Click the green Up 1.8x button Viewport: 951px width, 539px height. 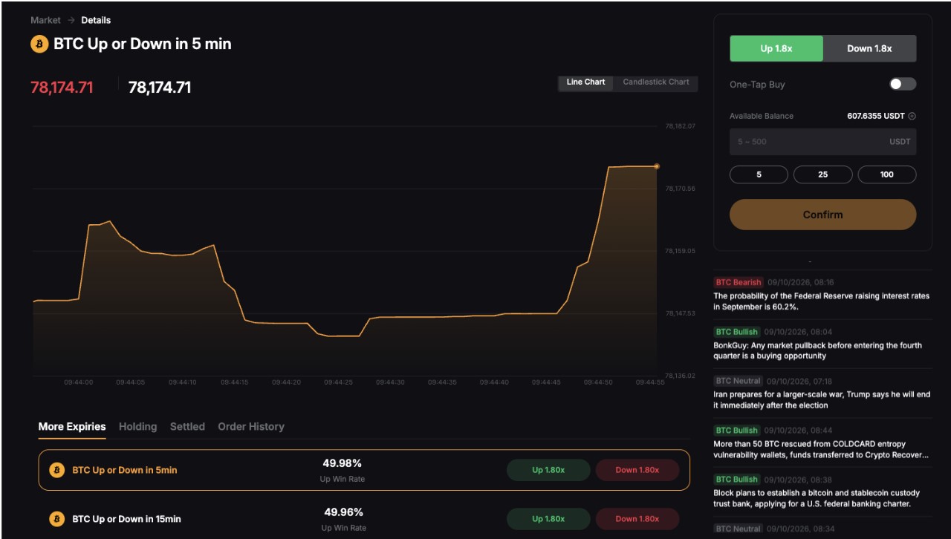click(776, 48)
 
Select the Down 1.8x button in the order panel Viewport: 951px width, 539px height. click(869, 48)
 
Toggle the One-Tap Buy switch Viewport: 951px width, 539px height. click(903, 84)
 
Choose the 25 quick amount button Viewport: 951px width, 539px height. click(822, 174)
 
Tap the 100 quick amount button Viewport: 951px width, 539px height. click(887, 174)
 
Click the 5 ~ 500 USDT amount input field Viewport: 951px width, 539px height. click(822, 142)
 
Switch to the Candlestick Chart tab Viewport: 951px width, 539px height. click(656, 82)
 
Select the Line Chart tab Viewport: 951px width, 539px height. click(585, 82)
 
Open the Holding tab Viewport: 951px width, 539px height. click(138, 427)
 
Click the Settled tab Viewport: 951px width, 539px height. click(187, 427)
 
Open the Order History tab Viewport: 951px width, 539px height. click(251, 427)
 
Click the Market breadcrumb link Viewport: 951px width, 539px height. click(45, 20)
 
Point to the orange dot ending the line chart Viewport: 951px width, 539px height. click(657, 166)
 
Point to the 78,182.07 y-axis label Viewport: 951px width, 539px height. click(680, 126)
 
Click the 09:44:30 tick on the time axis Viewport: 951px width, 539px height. click(390, 382)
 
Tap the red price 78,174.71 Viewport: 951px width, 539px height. click(62, 88)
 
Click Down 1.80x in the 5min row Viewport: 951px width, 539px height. click(637, 470)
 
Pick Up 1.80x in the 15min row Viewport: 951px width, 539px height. click(548, 519)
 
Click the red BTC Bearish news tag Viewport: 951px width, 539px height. click(739, 282)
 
